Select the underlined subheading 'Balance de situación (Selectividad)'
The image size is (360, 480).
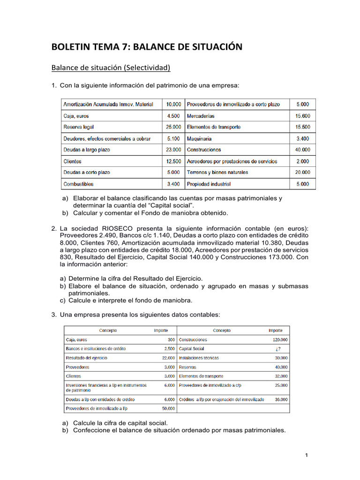[x=110, y=68]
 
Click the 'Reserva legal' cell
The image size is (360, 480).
[x=79, y=127]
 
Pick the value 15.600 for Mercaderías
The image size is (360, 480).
[x=302, y=116]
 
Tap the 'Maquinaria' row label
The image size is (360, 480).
[x=199, y=139]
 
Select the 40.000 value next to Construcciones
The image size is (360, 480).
[x=302, y=150]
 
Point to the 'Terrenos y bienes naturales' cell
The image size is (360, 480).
[x=217, y=172]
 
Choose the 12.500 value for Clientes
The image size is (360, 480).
[x=173, y=161]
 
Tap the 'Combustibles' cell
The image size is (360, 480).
[x=78, y=184]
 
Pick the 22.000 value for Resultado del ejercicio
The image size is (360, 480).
[x=167, y=358]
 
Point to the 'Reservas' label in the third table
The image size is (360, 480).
[x=187, y=367]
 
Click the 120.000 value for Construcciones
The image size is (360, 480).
[x=280, y=340]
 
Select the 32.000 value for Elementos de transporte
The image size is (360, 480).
[x=281, y=376]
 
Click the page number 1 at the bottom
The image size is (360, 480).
[x=306, y=455]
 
